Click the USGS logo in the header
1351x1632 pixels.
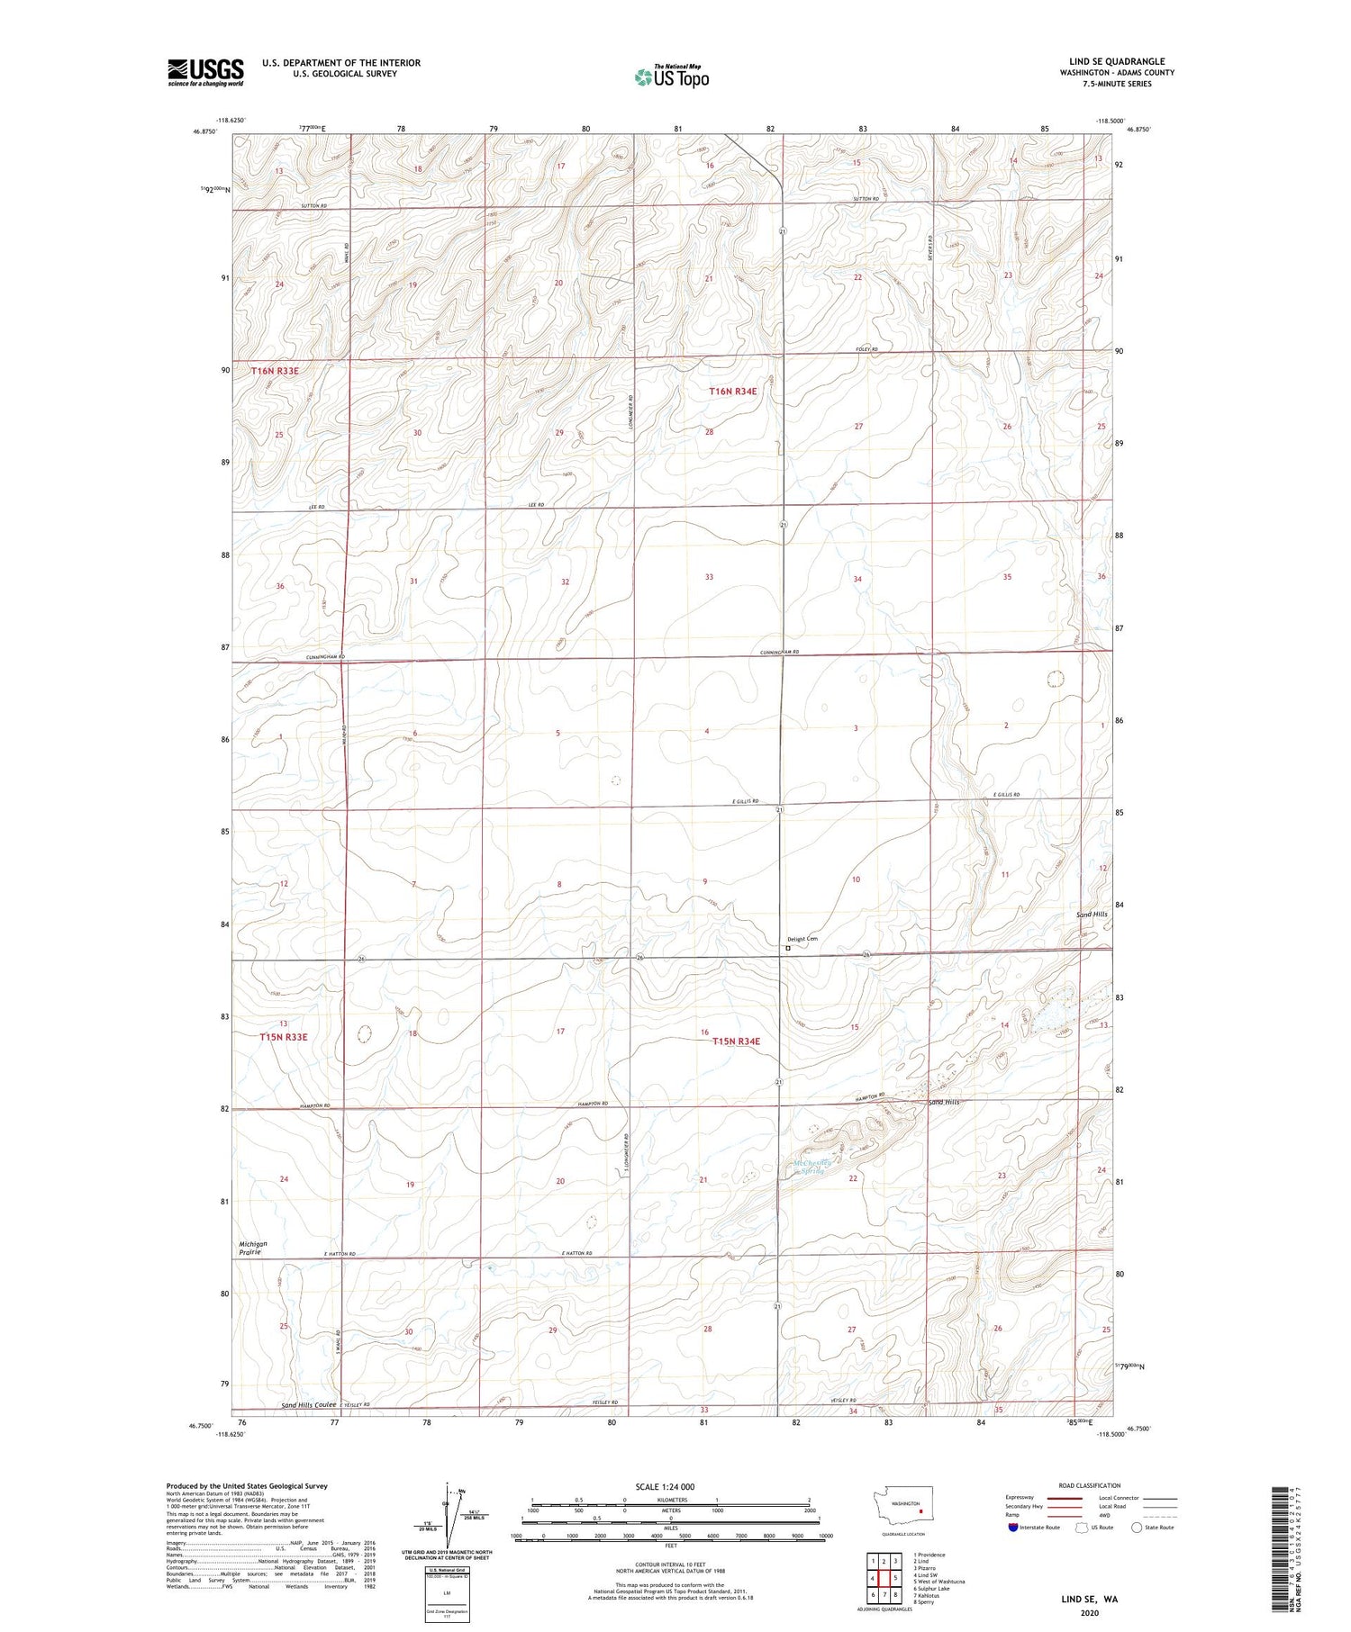[x=205, y=72]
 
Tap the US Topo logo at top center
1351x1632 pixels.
[x=671, y=77]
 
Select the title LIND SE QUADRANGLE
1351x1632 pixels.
[x=1116, y=61]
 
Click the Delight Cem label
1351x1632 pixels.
[x=802, y=939]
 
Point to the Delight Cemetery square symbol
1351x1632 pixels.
[x=788, y=948]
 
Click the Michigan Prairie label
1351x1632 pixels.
[x=253, y=1248]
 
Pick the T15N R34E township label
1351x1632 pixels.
[x=736, y=1041]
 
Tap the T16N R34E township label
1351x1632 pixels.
[x=733, y=392]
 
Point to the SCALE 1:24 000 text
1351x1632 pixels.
[x=670, y=1487]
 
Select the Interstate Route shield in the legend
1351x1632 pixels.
[x=1012, y=1528]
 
